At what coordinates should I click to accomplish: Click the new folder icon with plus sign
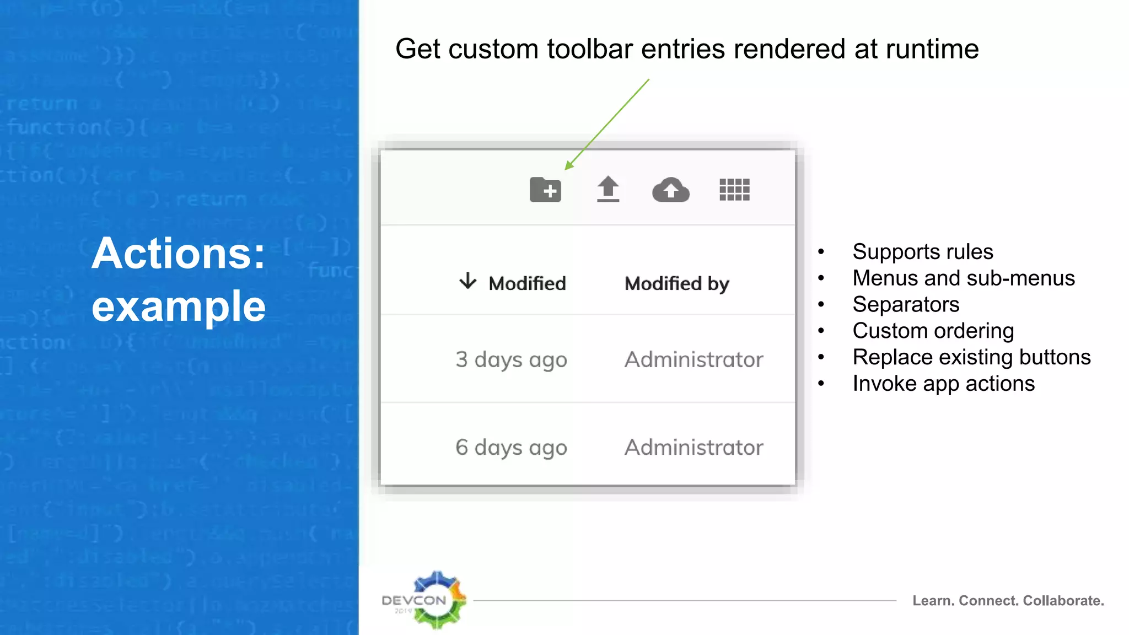click(x=545, y=190)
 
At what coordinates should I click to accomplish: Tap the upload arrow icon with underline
click(x=608, y=189)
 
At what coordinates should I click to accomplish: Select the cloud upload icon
click(x=670, y=190)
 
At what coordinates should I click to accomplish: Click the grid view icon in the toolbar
click(x=734, y=190)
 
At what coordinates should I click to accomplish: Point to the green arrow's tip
click(x=567, y=169)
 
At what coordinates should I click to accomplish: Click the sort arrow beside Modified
click(x=467, y=281)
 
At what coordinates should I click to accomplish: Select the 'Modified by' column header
click(x=676, y=283)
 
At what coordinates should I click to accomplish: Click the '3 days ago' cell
click(x=511, y=359)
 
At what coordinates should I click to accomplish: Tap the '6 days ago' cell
click(x=511, y=447)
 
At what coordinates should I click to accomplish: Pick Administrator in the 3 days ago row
click(x=693, y=359)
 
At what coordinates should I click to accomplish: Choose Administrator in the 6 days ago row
click(x=693, y=447)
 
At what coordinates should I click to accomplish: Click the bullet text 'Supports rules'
click(x=922, y=251)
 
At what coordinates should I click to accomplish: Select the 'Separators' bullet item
click(x=906, y=304)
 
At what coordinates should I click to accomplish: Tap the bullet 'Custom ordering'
click(x=933, y=331)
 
